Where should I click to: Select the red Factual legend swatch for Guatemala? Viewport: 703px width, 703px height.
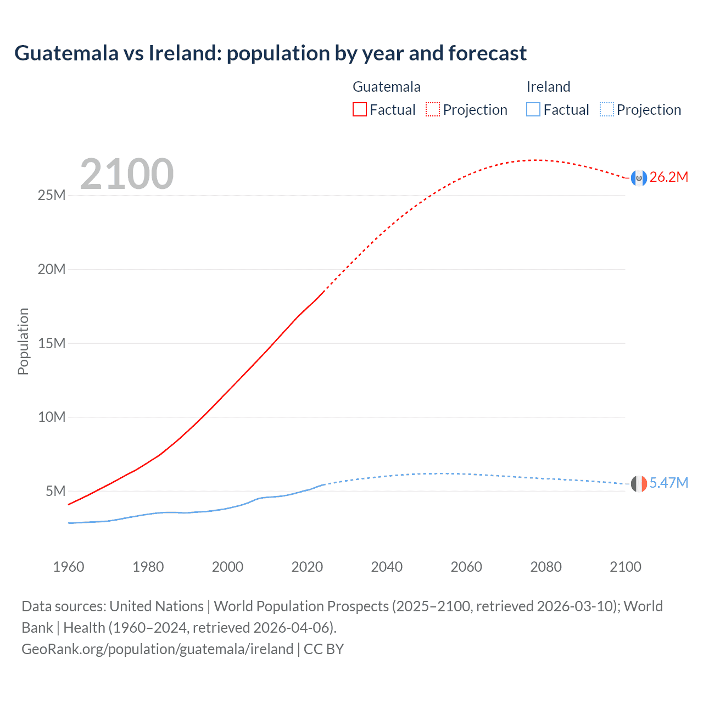[359, 109]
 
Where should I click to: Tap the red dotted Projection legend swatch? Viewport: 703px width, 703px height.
[433, 109]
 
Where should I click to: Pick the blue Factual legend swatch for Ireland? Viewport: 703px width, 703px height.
[533, 109]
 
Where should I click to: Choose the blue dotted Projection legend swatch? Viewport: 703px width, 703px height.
[606, 109]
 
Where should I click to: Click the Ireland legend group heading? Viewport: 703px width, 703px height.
[548, 87]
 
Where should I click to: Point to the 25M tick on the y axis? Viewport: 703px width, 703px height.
[51, 196]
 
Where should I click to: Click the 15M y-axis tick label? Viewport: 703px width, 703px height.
[51, 343]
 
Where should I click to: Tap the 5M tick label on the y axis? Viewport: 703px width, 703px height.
[55, 491]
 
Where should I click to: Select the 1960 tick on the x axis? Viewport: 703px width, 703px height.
[69, 567]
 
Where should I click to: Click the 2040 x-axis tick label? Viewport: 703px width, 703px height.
[387, 567]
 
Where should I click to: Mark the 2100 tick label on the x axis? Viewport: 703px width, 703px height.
[625, 567]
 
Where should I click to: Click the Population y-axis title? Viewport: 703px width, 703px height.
[23, 341]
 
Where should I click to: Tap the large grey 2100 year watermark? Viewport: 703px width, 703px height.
[127, 174]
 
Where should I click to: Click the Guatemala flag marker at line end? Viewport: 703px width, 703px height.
[639, 178]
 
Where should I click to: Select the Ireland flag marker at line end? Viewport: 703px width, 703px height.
[639, 484]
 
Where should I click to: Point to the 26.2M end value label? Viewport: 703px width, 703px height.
[668, 177]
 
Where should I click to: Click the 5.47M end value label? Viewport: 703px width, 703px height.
[668, 483]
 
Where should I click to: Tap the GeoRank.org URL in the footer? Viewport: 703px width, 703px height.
[158, 649]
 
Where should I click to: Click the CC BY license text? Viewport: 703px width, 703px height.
[324, 649]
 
